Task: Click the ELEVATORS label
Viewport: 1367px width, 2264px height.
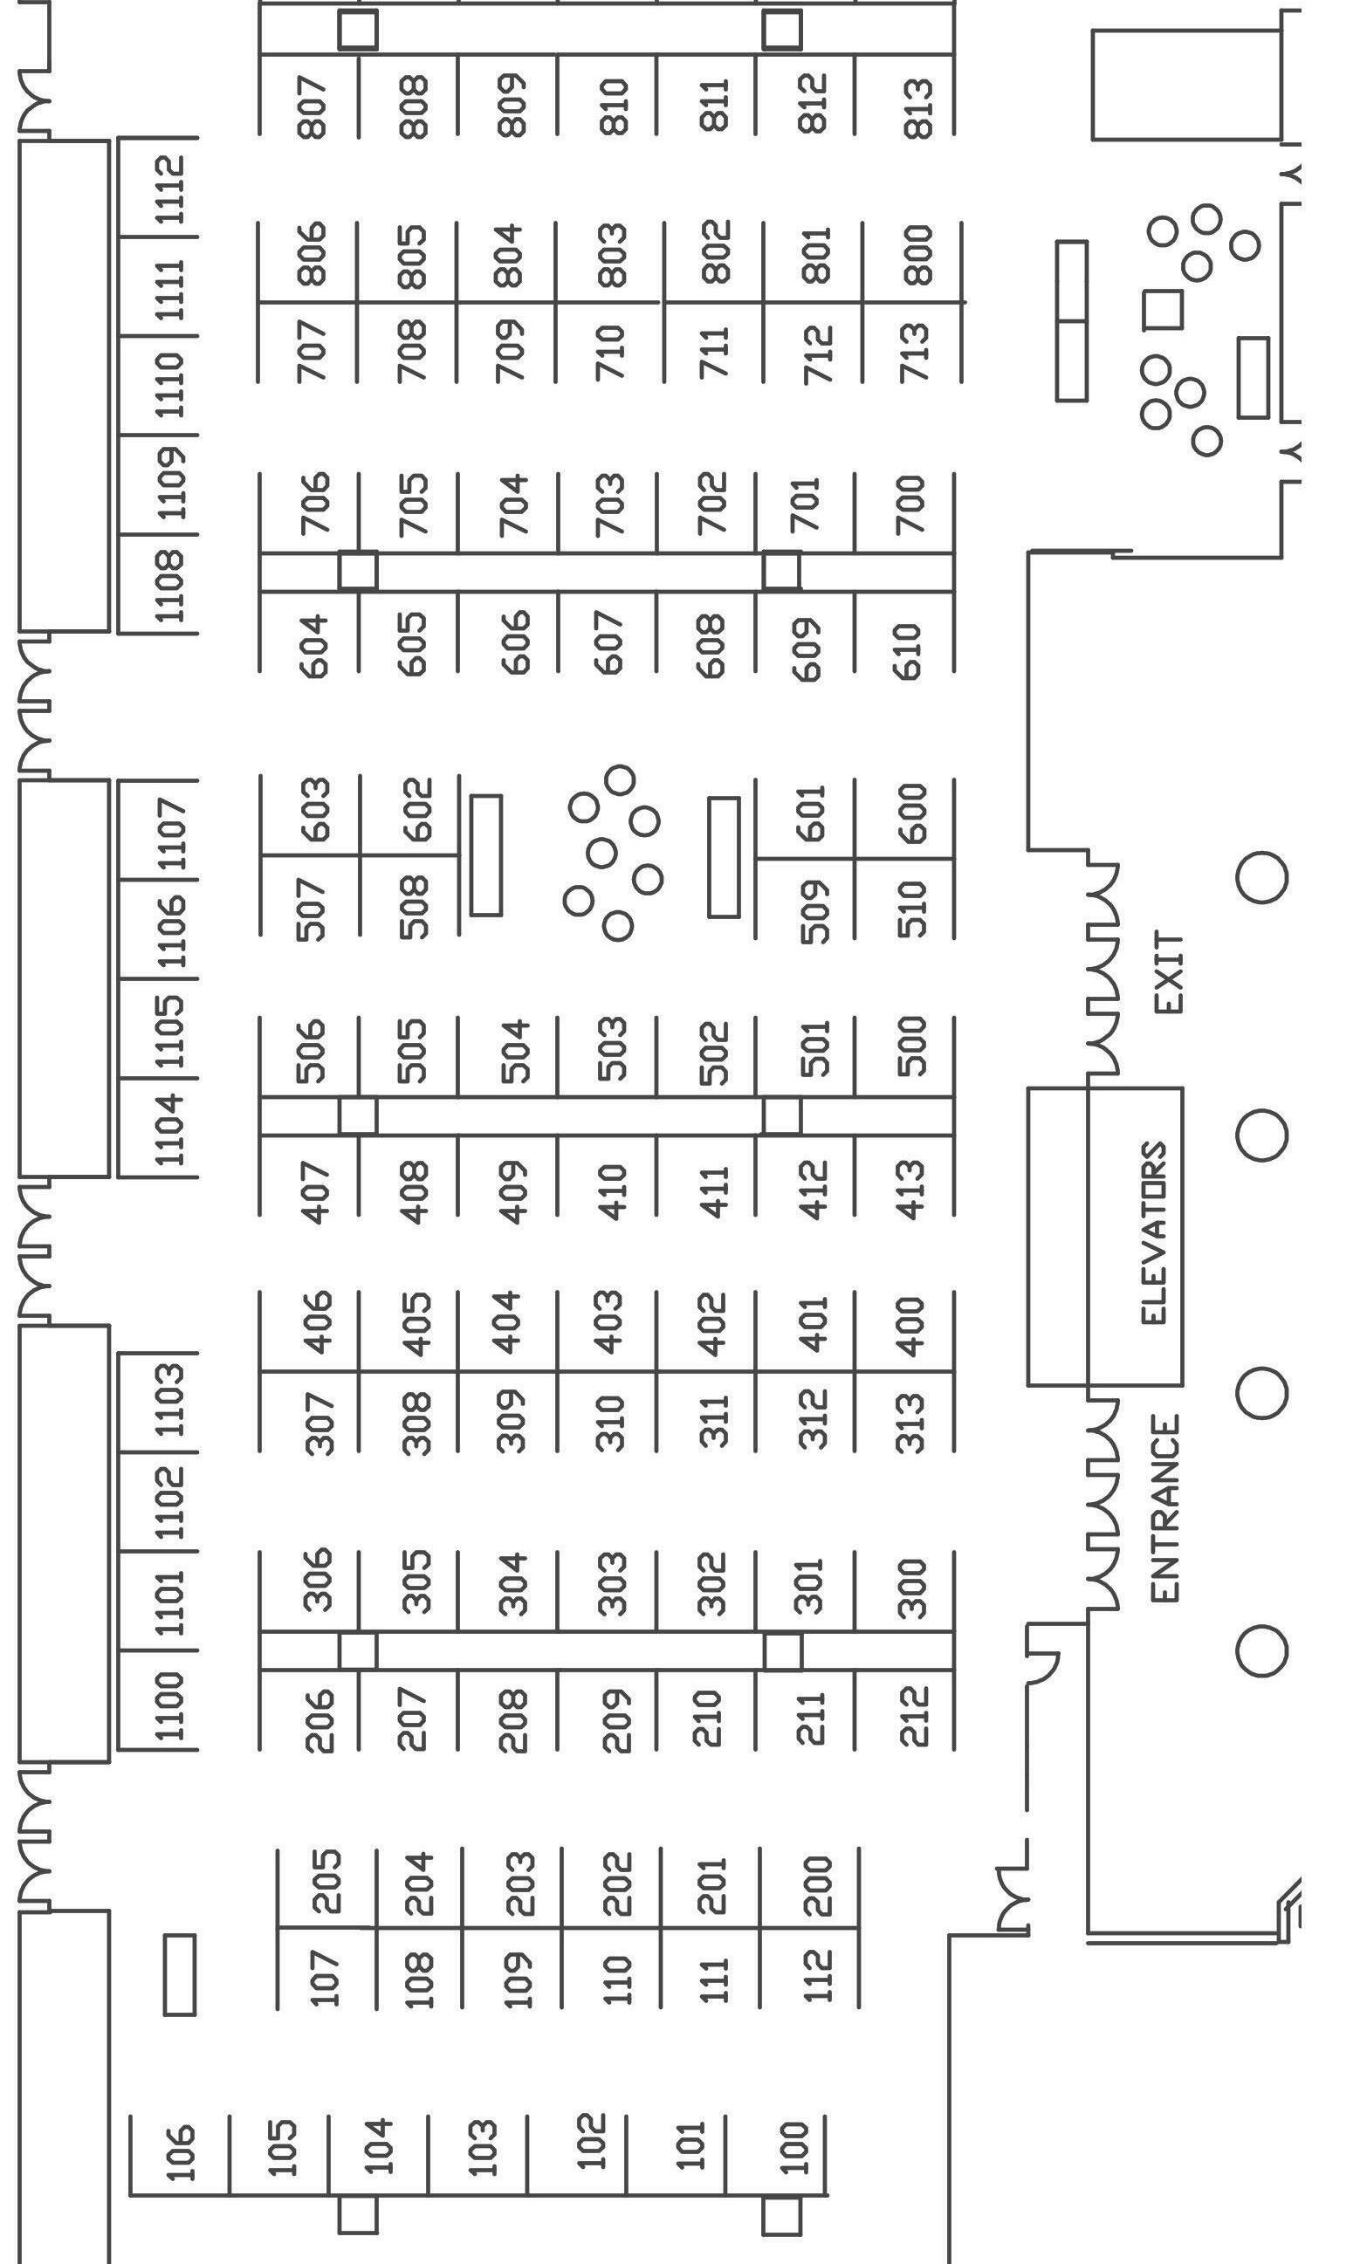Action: pos(1154,1233)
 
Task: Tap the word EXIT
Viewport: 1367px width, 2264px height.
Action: pos(1169,972)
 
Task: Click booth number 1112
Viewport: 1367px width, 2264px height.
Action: pos(171,189)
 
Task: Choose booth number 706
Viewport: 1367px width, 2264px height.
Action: pos(315,504)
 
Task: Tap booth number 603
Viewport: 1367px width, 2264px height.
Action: pos(315,807)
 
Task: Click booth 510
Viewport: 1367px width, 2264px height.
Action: pos(911,908)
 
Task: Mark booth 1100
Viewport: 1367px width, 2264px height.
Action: pos(171,1705)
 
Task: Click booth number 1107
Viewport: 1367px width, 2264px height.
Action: pos(171,833)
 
